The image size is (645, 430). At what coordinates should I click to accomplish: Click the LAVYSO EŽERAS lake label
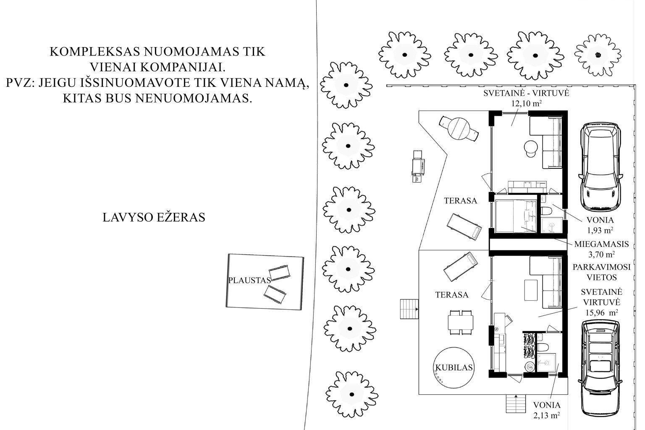click(154, 218)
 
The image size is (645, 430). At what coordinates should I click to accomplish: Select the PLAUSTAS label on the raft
click(249, 280)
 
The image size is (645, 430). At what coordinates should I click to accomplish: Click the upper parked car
click(600, 166)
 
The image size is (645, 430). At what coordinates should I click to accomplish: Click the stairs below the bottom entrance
click(516, 405)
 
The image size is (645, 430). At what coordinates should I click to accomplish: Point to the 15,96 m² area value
click(601, 312)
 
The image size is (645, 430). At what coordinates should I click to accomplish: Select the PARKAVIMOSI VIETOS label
click(601, 272)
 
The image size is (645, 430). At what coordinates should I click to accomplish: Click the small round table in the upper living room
click(530, 147)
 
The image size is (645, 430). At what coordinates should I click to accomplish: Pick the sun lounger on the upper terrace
click(464, 227)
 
